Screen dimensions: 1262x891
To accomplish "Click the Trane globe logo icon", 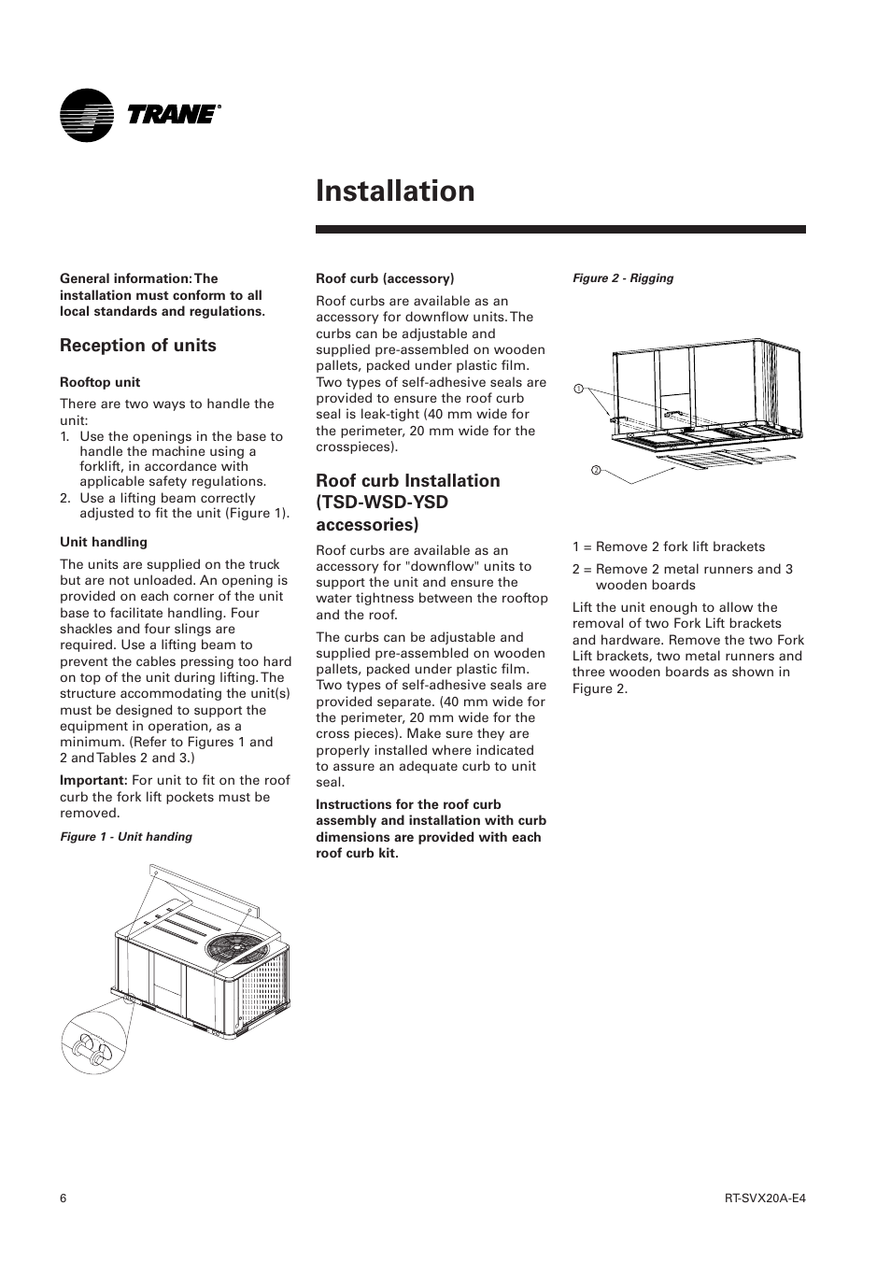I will [86, 115].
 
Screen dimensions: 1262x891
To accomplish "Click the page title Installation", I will [395, 191].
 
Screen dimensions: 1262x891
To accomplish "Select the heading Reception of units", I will [137, 346].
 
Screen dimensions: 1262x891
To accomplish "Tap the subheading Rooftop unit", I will [100, 382].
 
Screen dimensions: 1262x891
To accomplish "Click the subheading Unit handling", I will [104, 542].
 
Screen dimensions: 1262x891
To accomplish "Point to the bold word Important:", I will [93, 781].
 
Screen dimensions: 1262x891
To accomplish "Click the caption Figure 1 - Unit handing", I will [126, 837].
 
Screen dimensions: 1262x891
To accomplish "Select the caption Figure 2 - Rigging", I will [622, 278].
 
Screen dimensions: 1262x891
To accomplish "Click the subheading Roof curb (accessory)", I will [385, 278].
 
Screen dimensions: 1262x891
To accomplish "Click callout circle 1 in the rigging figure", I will [578, 389].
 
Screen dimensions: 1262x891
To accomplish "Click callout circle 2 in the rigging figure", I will [595, 470].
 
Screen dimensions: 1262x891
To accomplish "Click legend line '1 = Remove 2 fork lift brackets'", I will [668, 547].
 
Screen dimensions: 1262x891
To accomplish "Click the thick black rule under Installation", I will [560, 229].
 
